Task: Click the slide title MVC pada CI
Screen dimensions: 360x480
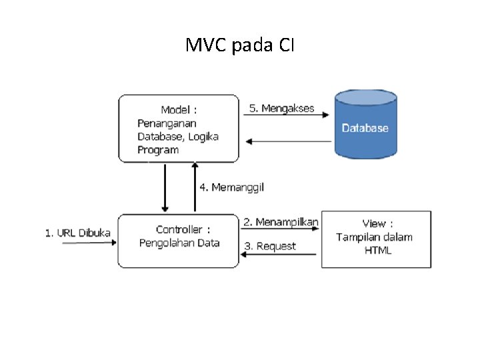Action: [x=240, y=46]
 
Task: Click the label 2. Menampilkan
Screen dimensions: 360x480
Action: [x=281, y=221]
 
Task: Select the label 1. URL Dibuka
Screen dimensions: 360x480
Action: [x=78, y=233]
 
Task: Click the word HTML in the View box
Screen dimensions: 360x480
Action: [x=378, y=251]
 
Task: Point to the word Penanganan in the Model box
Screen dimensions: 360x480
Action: [x=167, y=123]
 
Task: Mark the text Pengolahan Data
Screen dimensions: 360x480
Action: [x=179, y=243]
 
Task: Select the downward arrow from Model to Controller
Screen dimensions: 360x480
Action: [x=165, y=187]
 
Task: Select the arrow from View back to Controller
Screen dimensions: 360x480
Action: [x=280, y=255]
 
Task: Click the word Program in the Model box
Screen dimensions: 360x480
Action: [x=158, y=150]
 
